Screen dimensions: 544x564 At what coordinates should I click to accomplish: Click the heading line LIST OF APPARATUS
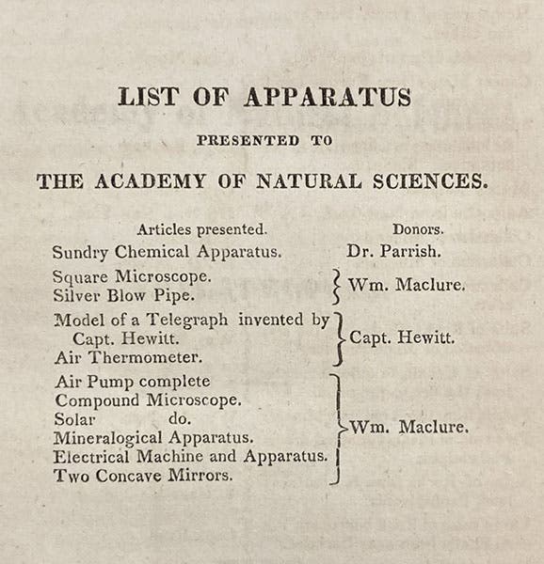coord(264,97)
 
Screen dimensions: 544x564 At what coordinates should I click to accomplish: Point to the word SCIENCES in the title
coord(434,180)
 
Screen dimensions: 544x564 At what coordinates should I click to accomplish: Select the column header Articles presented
coord(201,229)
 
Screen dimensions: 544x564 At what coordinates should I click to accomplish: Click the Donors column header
coord(419,229)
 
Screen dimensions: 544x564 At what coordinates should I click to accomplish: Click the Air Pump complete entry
coord(132,382)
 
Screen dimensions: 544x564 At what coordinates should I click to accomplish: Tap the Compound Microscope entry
coord(147,400)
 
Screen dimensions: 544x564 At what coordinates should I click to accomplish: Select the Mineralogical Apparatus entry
coord(152,438)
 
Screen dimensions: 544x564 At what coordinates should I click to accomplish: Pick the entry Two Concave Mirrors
coord(143,477)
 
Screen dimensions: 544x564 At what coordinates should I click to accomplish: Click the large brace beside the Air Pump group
coord(337,428)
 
